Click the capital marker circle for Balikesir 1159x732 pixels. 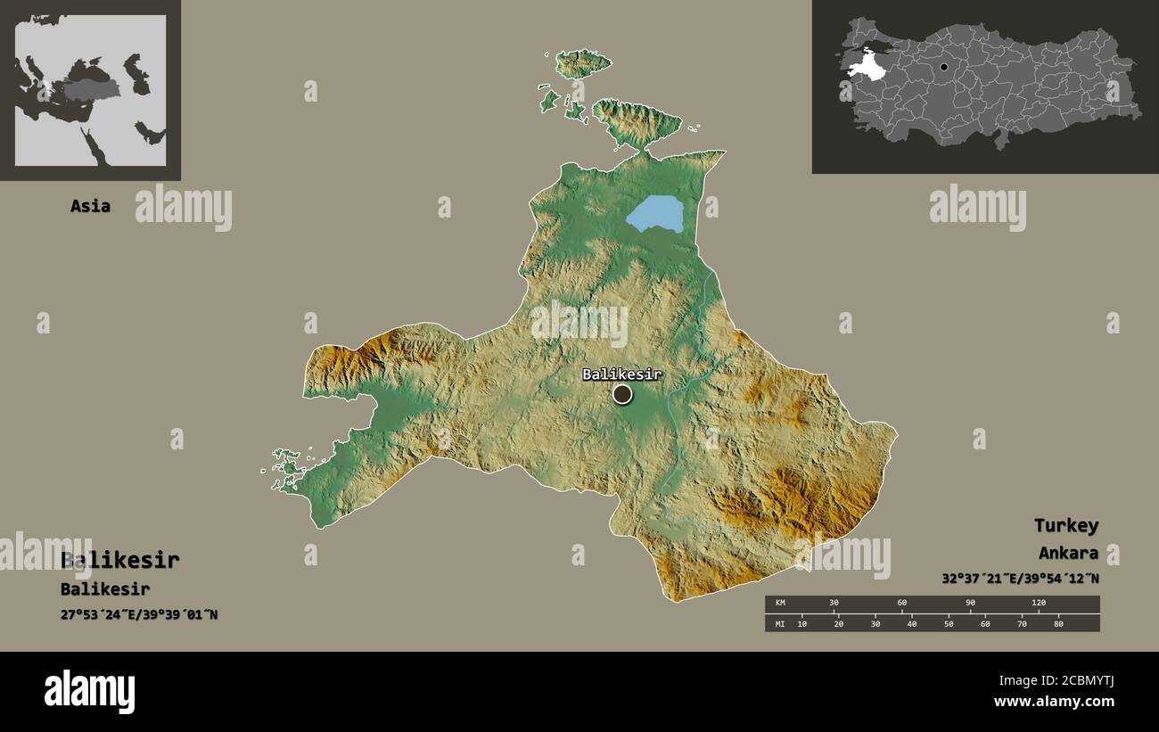pos(622,394)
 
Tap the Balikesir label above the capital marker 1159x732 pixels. pos(622,374)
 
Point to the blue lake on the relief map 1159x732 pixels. pos(657,214)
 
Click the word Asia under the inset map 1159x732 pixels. pos(91,206)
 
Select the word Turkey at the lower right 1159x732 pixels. pos(1066,525)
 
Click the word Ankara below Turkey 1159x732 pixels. pos(1068,553)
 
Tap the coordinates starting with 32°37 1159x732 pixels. pos(1020,578)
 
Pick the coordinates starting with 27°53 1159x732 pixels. pos(139,614)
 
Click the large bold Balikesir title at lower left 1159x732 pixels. pos(120,561)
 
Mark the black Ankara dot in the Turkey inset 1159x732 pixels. pos(944,67)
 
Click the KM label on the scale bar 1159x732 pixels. pos(779,604)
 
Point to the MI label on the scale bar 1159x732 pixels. pos(779,623)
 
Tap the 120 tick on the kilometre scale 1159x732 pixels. pos(1039,604)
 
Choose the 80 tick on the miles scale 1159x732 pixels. pos(1058,623)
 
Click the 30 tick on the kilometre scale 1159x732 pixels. pos(834,604)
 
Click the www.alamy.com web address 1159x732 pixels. pos(1054,702)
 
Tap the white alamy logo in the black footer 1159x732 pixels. pos(90,692)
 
